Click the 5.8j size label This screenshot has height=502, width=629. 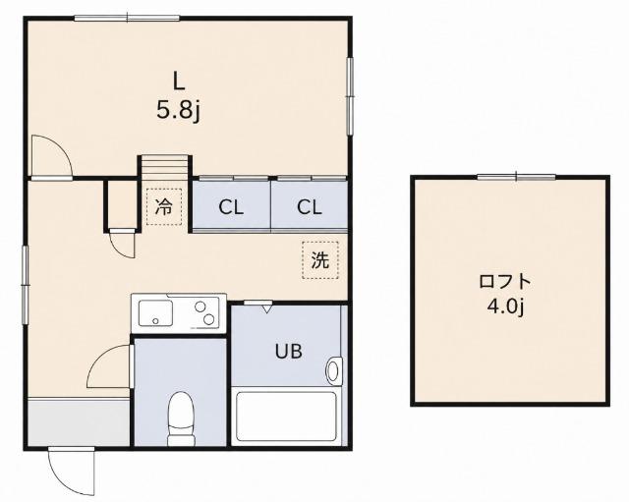coord(178,111)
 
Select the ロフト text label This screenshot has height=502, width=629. coord(505,282)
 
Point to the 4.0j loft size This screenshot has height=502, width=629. coord(506,307)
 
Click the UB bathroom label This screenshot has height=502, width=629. coord(288,352)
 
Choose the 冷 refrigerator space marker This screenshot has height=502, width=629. coord(164,207)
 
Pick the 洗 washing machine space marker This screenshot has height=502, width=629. coord(320,260)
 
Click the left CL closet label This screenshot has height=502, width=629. coord(231,207)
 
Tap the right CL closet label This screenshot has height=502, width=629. coord(310,207)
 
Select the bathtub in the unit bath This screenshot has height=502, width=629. coord(286,417)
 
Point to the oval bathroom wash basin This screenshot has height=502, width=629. coord(333,371)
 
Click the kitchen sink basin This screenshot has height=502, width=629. coord(155,313)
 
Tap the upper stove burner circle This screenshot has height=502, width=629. coord(200,307)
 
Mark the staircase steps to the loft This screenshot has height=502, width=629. coord(164,165)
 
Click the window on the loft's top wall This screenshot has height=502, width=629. coord(517,177)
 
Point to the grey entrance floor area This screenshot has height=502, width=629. coord(79,421)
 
